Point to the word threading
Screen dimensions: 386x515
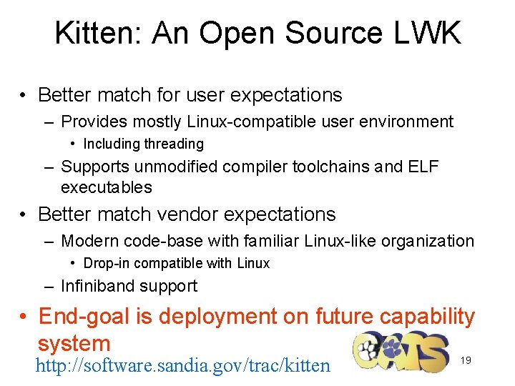point(174,144)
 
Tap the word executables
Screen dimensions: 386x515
point(107,187)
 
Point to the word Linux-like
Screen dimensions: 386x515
point(340,241)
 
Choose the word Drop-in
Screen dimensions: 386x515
point(107,263)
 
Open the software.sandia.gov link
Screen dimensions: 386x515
point(183,366)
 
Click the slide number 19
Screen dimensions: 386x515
point(466,360)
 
